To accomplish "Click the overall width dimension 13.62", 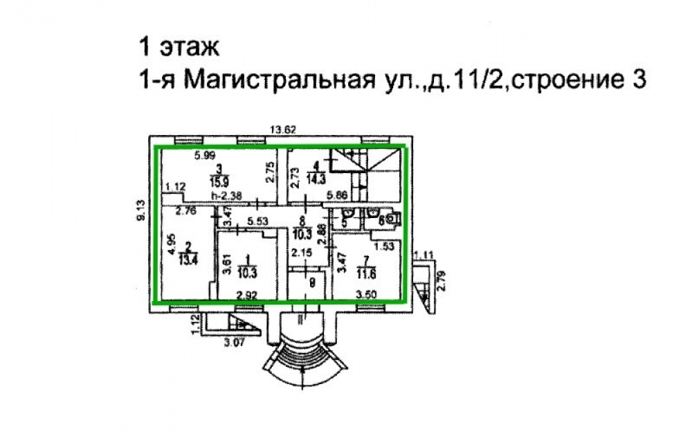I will pyautogui.click(x=284, y=129).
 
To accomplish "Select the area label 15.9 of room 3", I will pyautogui.click(x=219, y=182).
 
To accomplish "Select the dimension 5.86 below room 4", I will pyautogui.click(x=337, y=196).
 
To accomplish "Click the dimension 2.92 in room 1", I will pyautogui.click(x=247, y=296).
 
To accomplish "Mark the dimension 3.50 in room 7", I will pyautogui.click(x=365, y=296).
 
